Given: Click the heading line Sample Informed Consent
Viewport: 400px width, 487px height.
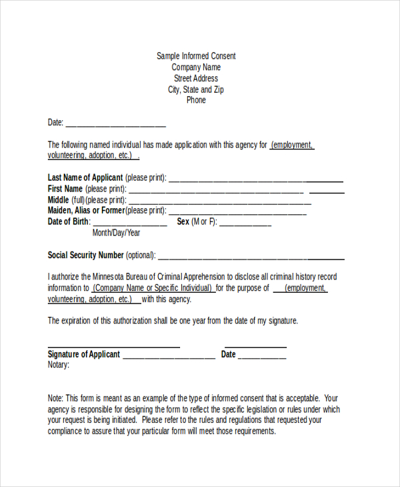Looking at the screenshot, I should click(x=196, y=56).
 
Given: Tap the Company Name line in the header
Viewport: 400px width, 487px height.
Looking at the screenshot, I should click(x=196, y=67).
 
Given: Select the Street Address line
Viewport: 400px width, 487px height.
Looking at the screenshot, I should click(x=196, y=78).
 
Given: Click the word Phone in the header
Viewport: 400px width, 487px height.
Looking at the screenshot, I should click(x=196, y=100).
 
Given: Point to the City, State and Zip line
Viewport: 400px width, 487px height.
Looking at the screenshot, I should click(x=196, y=89).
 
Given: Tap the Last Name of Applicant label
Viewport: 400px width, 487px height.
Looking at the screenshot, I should click(x=85, y=177).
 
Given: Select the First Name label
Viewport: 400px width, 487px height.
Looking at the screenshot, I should click(x=65, y=189).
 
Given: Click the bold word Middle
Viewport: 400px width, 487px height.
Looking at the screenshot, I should click(x=58, y=199).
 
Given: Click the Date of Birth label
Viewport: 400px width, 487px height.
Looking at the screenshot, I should click(x=68, y=221).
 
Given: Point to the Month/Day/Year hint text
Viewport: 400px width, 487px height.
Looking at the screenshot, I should click(x=116, y=233).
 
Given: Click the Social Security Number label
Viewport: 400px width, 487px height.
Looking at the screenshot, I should click(x=85, y=255).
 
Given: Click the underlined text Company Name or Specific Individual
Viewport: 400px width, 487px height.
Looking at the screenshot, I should click(x=153, y=288).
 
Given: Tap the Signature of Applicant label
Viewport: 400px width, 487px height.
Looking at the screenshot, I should click(x=84, y=354).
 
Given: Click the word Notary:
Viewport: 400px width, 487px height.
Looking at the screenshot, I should click(x=59, y=365).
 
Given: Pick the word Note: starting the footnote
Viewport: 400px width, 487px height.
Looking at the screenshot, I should click(x=56, y=398).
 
